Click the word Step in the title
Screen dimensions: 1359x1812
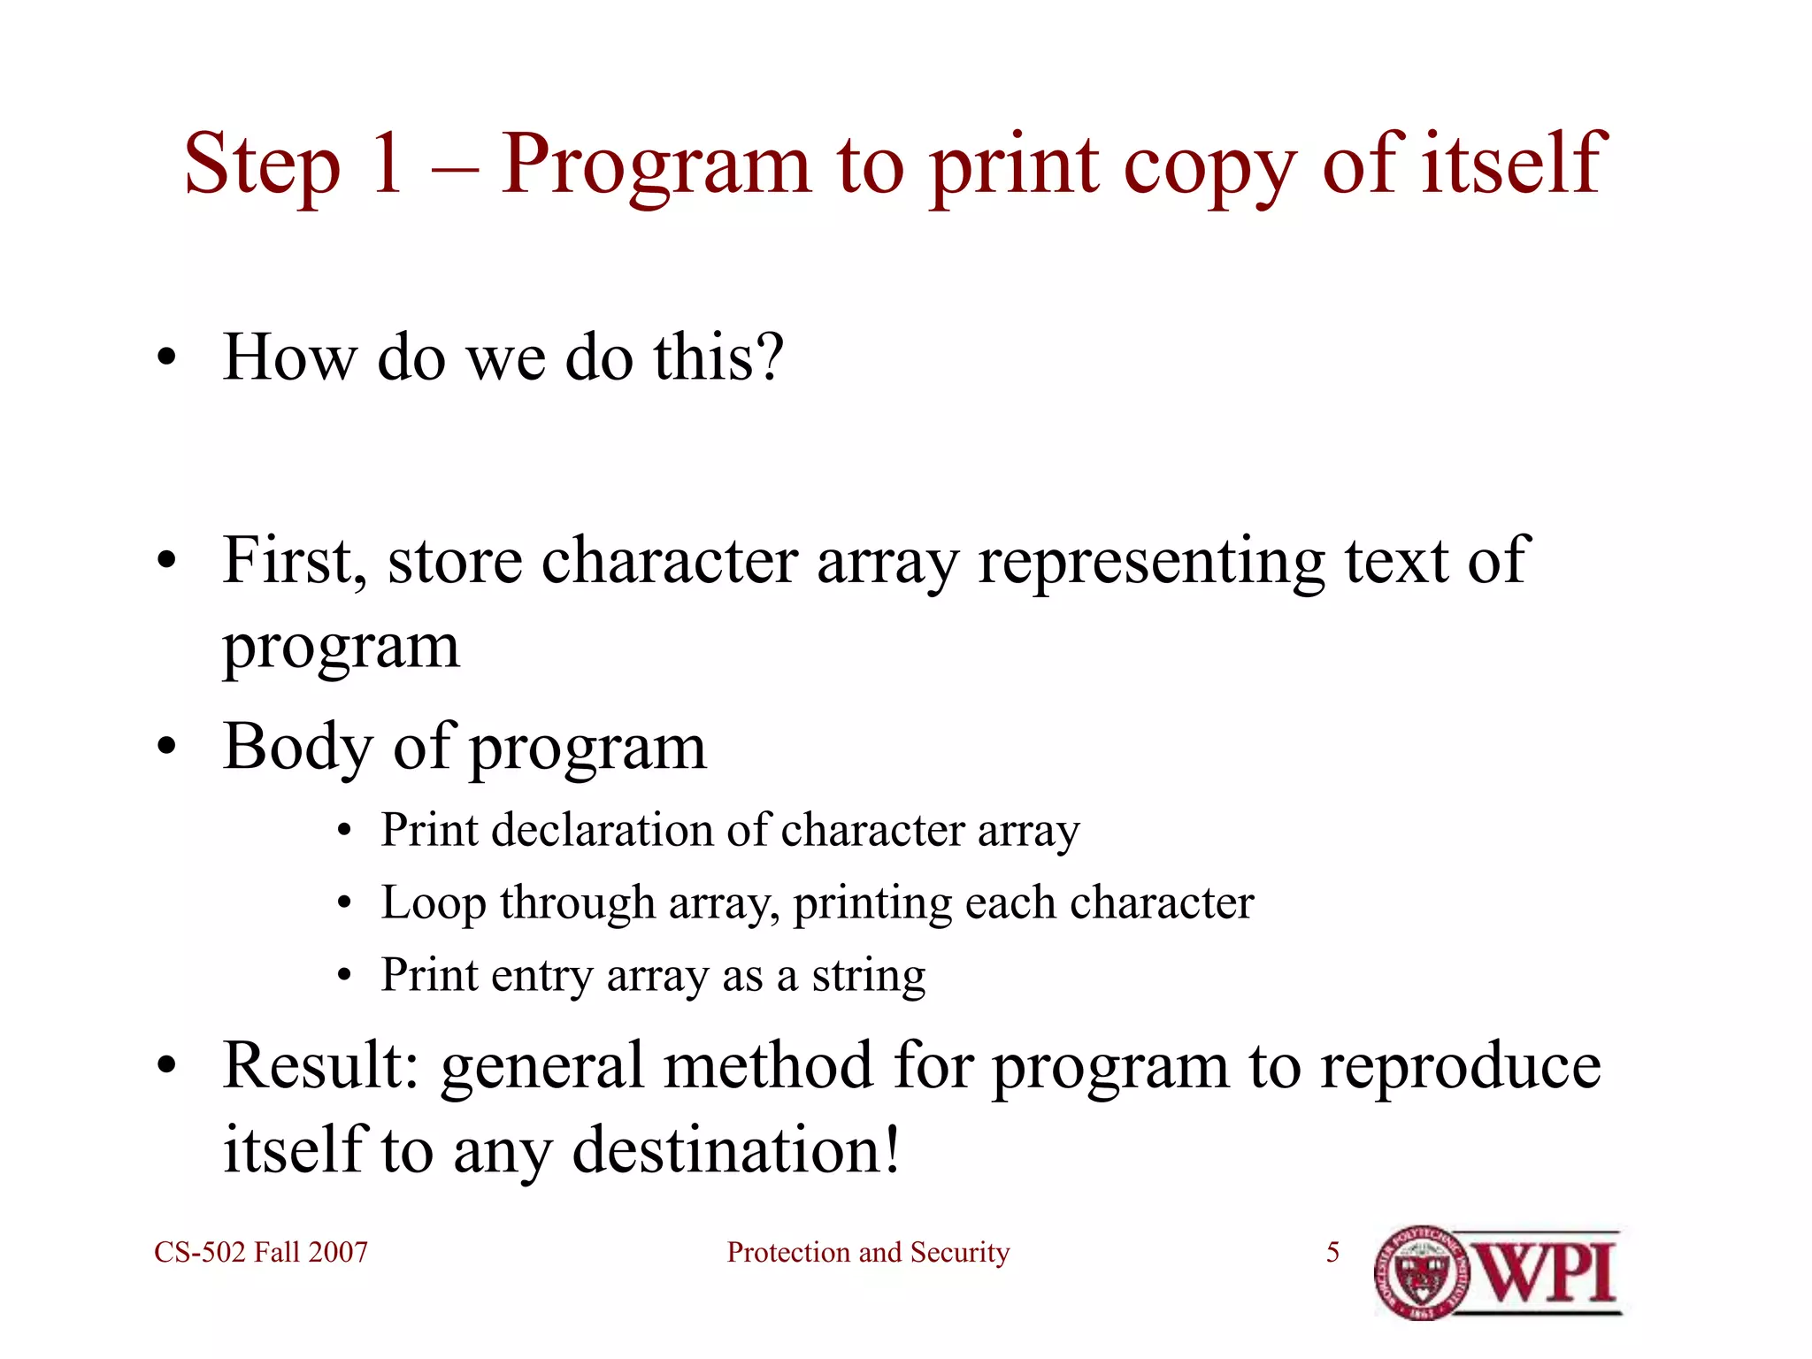(262, 165)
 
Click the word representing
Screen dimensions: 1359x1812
(1151, 563)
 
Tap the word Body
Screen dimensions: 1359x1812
(297, 749)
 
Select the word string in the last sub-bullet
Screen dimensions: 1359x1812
(869, 977)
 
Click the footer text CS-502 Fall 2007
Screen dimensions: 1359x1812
(261, 1252)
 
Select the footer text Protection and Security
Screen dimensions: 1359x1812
(868, 1252)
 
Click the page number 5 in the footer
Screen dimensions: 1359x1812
(1332, 1252)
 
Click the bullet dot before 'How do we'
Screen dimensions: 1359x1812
(166, 358)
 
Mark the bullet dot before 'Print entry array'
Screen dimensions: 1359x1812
(345, 977)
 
